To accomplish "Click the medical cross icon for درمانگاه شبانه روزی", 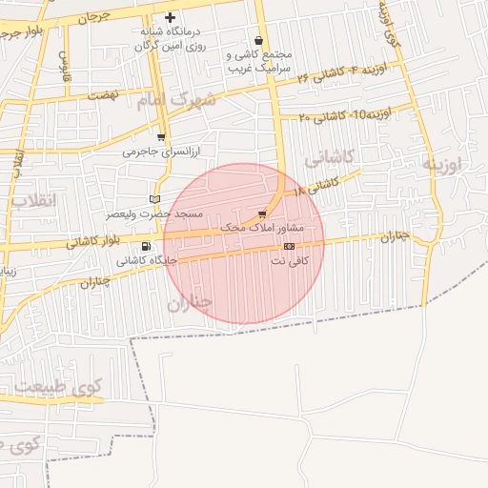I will coord(171,17).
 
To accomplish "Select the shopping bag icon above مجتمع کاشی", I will coord(260,40).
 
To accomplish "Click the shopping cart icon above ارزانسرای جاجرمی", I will coord(161,136).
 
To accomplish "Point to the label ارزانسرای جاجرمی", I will coord(157,151).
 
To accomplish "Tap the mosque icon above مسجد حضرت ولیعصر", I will coord(155,199).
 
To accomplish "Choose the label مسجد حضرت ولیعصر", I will coord(154,214).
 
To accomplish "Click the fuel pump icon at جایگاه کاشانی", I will coord(145,246).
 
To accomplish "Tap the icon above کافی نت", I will coord(289,246).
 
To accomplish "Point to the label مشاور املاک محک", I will coord(261,228).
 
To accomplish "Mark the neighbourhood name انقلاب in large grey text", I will coord(34,201).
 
